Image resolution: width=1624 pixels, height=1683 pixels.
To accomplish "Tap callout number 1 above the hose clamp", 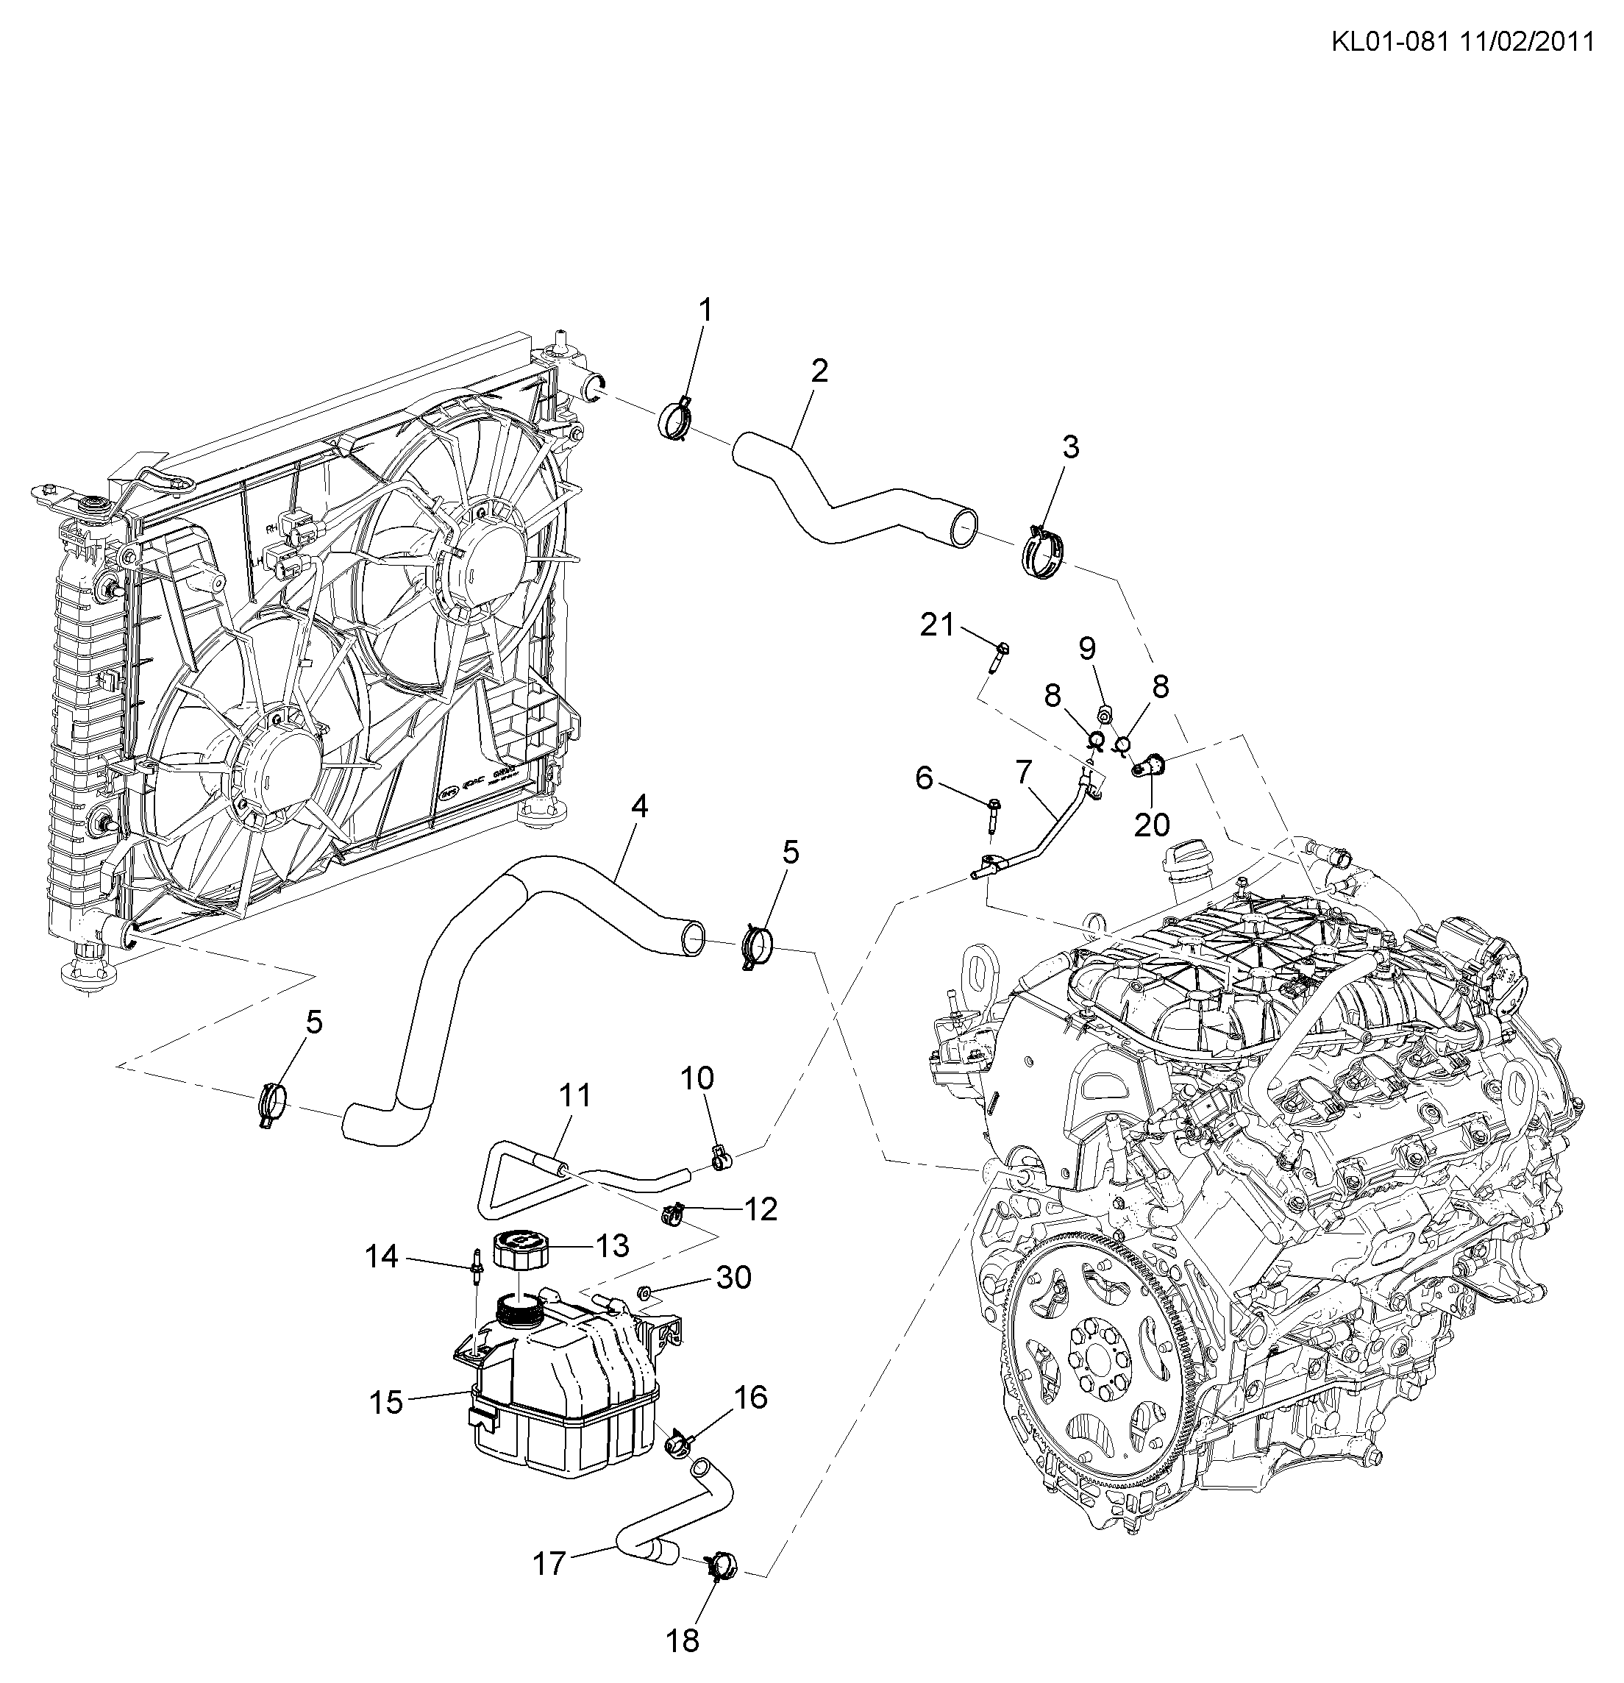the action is coord(705,310).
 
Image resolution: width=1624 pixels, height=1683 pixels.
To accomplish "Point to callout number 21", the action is coord(937,625).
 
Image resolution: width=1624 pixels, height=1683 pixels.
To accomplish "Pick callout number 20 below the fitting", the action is coord(1152,825).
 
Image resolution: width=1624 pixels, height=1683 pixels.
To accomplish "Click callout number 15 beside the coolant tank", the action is coord(385,1402).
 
